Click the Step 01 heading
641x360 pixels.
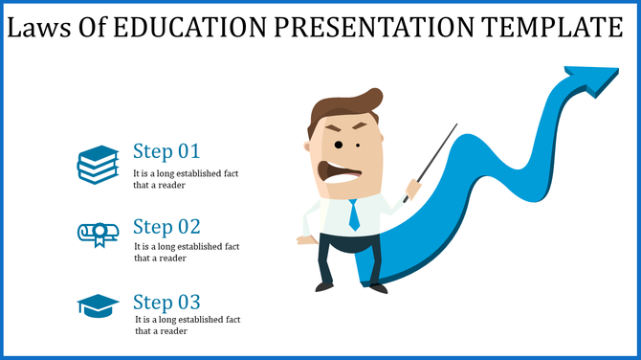click(166, 151)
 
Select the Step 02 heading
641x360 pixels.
click(166, 227)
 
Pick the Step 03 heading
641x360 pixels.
click(166, 303)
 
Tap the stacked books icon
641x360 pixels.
click(98, 164)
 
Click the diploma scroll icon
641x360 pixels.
click(98, 234)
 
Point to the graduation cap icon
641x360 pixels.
click(98, 305)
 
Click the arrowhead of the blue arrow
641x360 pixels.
click(594, 79)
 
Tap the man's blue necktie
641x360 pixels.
click(354, 214)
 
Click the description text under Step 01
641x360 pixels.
click(186, 179)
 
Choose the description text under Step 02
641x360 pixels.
click(186, 252)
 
